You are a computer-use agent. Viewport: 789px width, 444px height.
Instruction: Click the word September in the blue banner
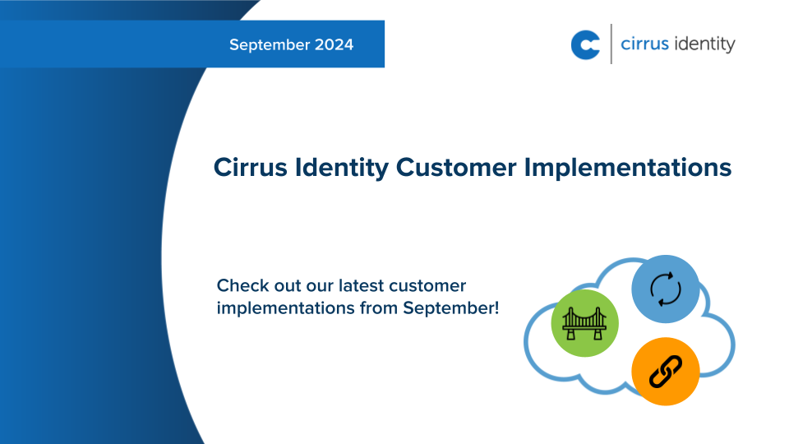(x=269, y=44)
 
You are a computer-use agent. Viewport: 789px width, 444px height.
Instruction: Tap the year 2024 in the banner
(x=335, y=44)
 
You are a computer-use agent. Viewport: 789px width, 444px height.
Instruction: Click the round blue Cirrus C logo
(x=586, y=44)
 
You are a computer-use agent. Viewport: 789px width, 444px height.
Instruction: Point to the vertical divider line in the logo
(x=611, y=44)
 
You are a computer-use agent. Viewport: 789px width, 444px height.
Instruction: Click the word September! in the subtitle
(x=451, y=310)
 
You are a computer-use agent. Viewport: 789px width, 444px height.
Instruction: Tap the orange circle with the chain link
(x=666, y=371)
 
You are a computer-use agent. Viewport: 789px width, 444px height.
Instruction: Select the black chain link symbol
(x=666, y=371)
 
